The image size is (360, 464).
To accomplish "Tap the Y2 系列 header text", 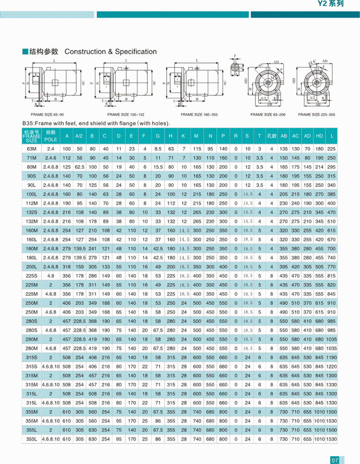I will tap(331, 4).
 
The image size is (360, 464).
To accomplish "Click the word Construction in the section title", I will tap(83, 52).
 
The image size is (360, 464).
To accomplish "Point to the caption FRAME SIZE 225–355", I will tap(316, 115).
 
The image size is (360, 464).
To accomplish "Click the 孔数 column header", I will tap(272, 136).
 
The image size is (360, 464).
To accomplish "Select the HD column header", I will tap(319, 136).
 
